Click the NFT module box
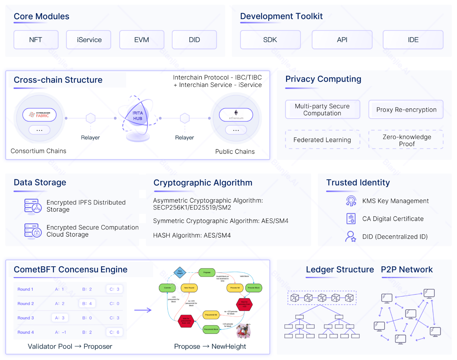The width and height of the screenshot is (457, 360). click(x=36, y=40)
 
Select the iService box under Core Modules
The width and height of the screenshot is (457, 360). click(x=89, y=40)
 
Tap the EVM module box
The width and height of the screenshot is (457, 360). click(x=141, y=40)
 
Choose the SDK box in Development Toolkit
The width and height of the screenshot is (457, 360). click(x=270, y=40)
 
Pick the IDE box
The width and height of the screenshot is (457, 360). click(x=413, y=40)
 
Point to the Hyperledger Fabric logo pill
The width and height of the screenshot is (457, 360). click(x=39, y=115)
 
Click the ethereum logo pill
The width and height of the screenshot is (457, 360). click(x=236, y=115)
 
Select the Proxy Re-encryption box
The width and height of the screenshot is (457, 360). click(x=406, y=110)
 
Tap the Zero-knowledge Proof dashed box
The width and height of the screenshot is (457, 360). click(x=406, y=140)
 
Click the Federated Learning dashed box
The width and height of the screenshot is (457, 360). click(x=322, y=140)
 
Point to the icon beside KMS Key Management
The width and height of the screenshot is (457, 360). click(x=351, y=201)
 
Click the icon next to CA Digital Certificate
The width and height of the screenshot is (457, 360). click(x=351, y=219)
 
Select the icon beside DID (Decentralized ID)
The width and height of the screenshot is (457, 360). click(x=351, y=237)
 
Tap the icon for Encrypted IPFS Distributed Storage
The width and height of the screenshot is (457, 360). click(x=33, y=206)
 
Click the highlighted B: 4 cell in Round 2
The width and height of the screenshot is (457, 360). click(x=87, y=304)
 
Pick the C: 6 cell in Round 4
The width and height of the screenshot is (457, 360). click(x=114, y=332)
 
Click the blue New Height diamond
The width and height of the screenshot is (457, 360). click(x=180, y=272)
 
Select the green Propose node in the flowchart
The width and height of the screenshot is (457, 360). click(x=207, y=273)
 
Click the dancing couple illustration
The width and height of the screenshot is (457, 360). click(x=244, y=331)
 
